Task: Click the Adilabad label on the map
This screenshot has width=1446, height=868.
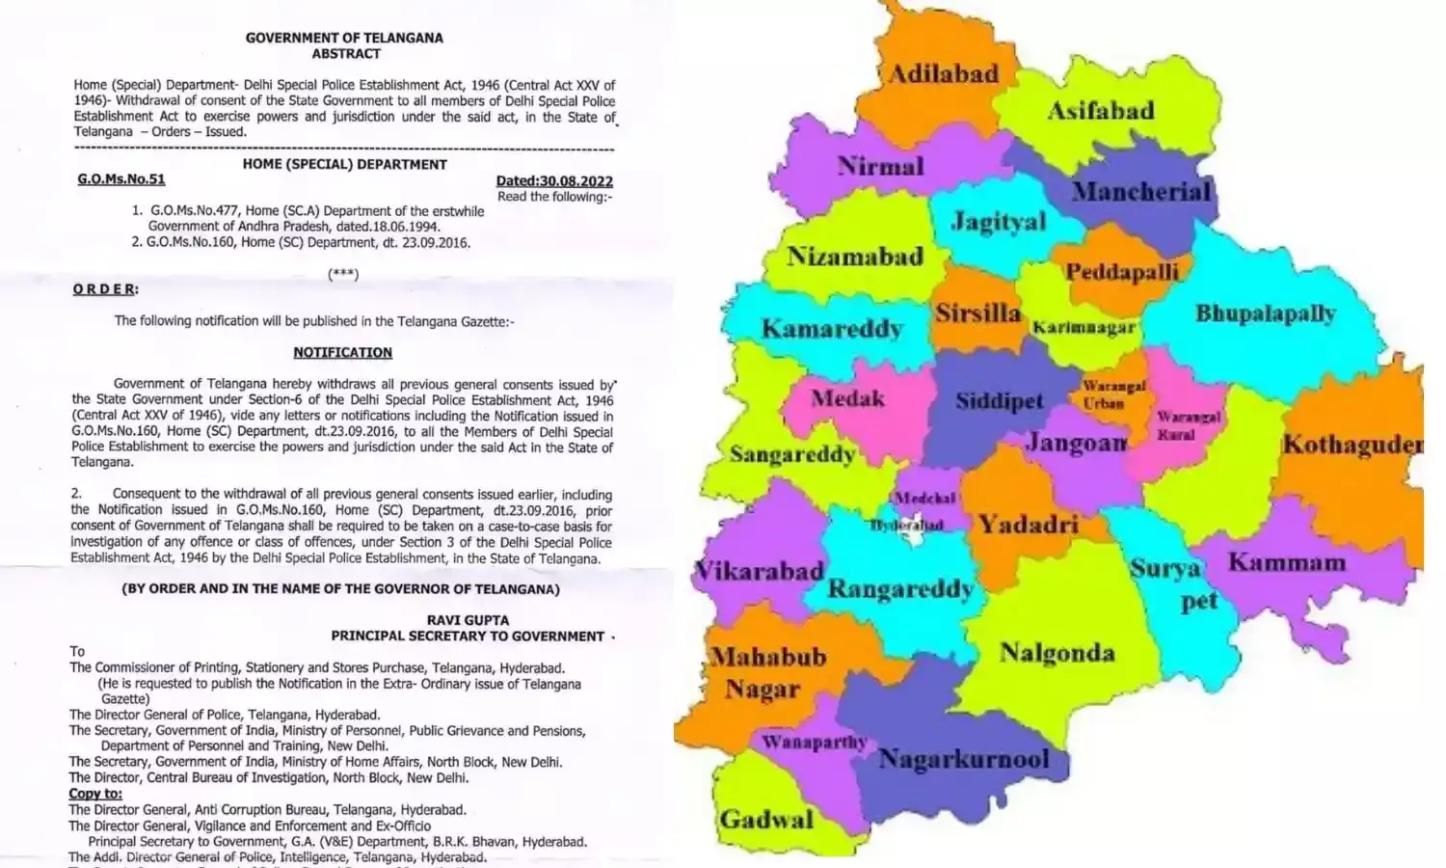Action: point(943,74)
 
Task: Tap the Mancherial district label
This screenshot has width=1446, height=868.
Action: point(1140,191)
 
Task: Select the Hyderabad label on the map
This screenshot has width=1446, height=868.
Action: point(906,526)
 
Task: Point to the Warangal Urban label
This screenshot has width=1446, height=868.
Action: point(1113,394)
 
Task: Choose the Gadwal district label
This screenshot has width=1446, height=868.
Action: point(766,820)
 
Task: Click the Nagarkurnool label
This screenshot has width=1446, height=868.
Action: point(963,759)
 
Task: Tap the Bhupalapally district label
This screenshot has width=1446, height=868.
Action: point(1265,313)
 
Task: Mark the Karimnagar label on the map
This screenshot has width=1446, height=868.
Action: point(1084,328)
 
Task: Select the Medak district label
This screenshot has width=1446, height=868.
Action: point(847,397)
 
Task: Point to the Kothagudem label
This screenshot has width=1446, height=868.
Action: point(1352,445)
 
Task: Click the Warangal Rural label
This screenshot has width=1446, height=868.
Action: point(1189,425)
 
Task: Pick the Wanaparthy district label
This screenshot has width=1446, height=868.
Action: point(814,742)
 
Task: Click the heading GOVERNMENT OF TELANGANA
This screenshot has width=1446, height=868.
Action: point(344,39)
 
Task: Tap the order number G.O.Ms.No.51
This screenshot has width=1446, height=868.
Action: point(121,179)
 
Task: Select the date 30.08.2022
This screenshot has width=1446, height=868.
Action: point(554,180)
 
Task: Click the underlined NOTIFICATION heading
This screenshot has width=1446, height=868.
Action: point(342,353)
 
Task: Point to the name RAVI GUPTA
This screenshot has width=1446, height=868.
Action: point(468,620)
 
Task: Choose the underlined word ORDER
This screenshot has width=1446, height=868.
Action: point(105,289)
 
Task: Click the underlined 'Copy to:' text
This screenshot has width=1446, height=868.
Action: point(95,794)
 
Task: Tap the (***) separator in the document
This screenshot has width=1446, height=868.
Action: point(343,274)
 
